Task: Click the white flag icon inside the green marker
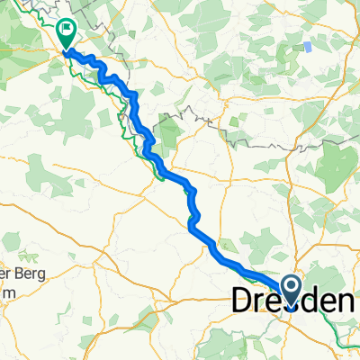click(67, 31)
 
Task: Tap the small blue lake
click(309, 46)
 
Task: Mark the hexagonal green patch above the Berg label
click(40, 171)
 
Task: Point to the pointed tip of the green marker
click(67, 49)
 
